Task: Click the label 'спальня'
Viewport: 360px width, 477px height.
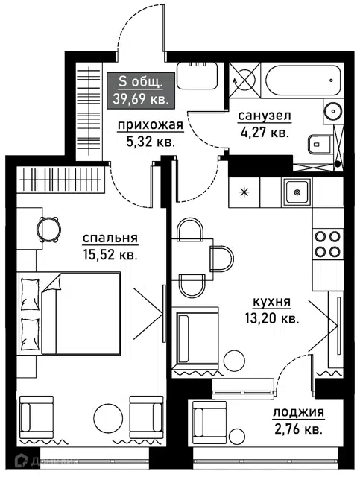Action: [110, 238]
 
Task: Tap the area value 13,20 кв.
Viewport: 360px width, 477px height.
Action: [272, 318]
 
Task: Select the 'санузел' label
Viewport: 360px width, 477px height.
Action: [265, 116]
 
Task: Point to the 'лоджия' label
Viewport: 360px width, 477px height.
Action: [298, 412]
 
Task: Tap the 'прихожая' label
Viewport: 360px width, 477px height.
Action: [151, 125]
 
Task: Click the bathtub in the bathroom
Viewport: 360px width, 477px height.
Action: [303, 80]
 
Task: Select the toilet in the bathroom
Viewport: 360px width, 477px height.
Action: [320, 144]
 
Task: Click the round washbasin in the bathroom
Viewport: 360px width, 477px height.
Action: [332, 111]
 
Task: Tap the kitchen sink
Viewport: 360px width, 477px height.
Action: [297, 192]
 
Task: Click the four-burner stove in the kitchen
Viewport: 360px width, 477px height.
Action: [327, 244]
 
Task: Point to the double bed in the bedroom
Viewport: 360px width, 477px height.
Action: [69, 313]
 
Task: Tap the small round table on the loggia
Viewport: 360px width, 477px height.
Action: [238, 436]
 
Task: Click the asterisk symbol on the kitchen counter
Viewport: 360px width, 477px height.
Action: [244, 192]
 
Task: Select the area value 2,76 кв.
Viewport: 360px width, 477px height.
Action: [298, 429]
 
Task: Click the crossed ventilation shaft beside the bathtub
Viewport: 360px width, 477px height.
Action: [244, 80]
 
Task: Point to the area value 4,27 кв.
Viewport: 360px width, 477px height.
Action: [265, 133]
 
